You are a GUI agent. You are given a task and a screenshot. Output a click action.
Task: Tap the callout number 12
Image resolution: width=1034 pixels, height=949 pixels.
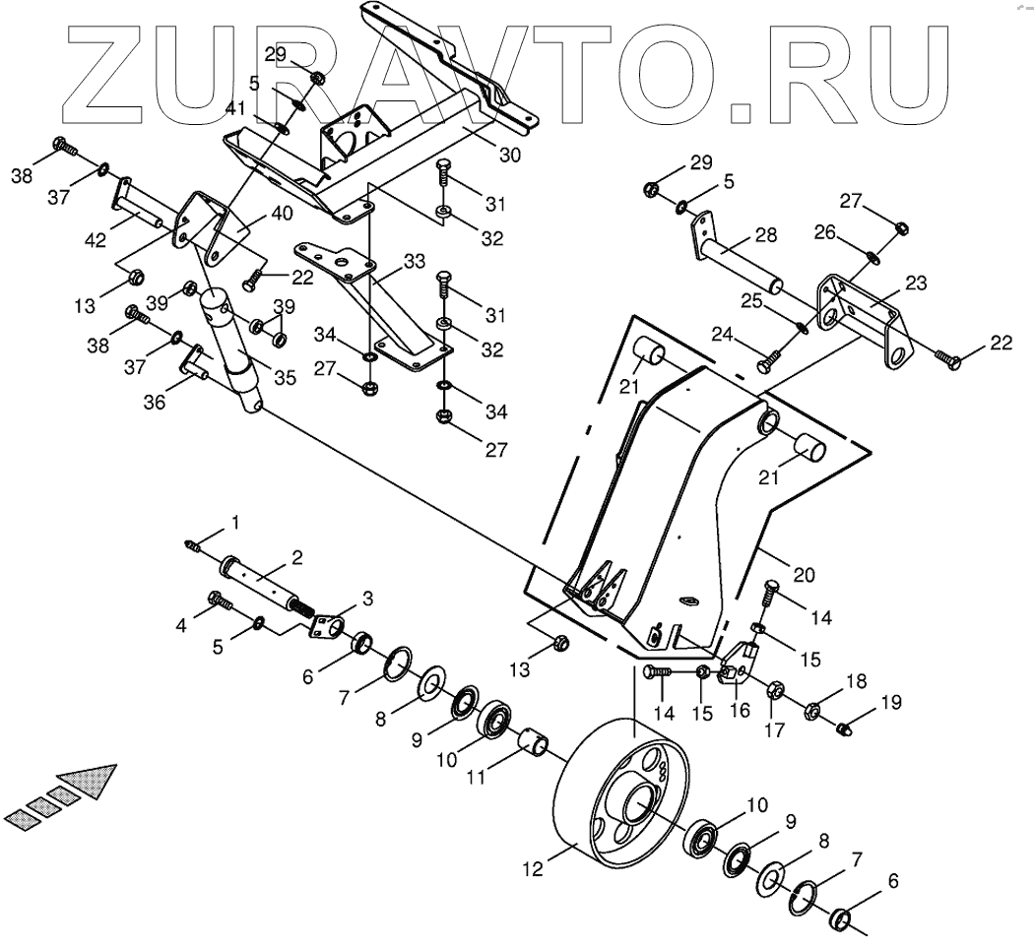[532, 870]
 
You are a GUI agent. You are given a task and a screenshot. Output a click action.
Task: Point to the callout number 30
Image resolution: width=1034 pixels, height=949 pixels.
[510, 155]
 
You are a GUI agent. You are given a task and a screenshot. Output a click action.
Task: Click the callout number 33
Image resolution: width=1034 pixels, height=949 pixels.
[415, 262]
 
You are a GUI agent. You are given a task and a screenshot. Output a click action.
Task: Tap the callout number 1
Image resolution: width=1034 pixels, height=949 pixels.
[234, 520]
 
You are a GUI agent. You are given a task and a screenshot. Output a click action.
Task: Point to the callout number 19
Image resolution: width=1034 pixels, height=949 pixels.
[890, 702]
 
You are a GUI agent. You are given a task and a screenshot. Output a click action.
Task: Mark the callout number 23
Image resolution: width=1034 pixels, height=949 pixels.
[916, 282]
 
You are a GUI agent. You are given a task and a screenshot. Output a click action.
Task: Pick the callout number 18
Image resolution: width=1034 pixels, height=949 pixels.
[856, 680]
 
